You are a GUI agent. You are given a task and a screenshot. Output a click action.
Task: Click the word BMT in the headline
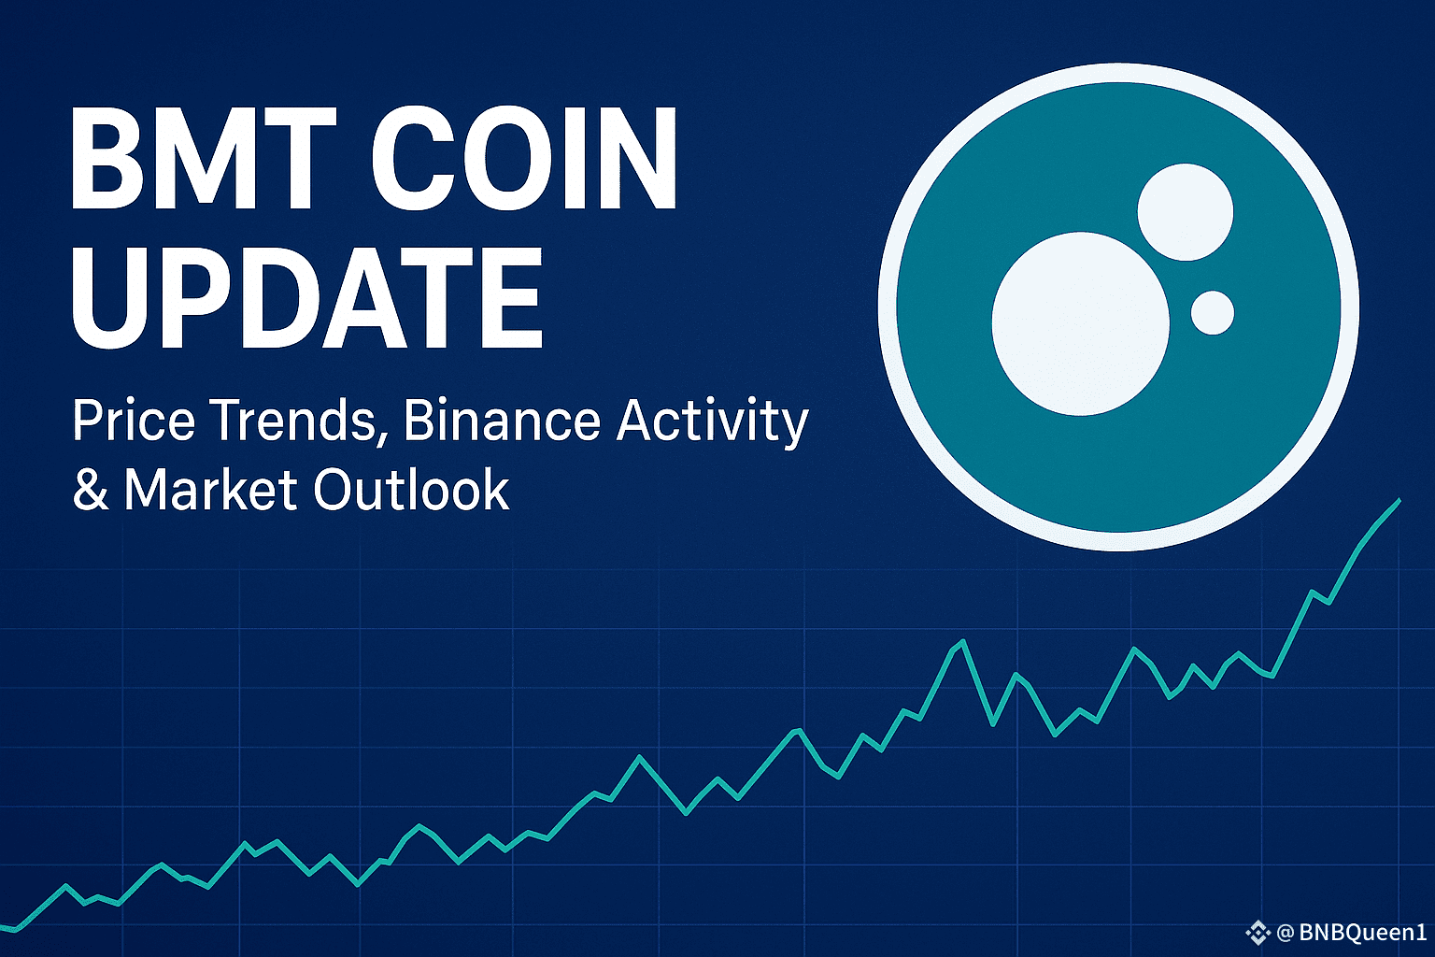(203, 158)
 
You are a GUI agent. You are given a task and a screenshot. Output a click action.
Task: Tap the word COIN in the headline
(524, 158)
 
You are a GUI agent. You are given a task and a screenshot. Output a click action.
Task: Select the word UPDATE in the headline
(306, 297)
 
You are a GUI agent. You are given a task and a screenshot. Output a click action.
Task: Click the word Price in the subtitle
(134, 421)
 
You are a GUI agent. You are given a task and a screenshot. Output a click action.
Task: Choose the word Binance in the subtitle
(502, 421)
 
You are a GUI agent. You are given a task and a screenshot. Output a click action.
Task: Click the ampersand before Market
(91, 490)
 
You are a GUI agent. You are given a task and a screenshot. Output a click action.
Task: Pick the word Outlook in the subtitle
(411, 490)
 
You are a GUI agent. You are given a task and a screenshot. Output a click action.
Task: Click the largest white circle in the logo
(1081, 323)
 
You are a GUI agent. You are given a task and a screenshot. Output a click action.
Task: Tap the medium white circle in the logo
(1186, 212)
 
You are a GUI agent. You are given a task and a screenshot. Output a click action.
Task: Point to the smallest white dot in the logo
(1213, 313)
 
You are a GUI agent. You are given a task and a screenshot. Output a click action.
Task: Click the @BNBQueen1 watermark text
(1352, 932)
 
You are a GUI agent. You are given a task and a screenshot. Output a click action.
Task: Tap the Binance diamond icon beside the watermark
(1257, 933)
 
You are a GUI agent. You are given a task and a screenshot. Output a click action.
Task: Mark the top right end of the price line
(1399, 500)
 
